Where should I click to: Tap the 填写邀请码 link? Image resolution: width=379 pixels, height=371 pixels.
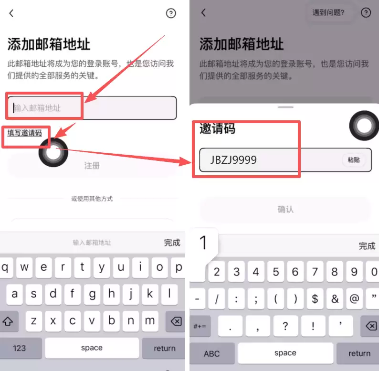point(24,133)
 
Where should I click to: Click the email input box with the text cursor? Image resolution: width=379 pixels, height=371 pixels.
point(92,108)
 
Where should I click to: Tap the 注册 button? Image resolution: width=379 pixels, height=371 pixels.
point(92,166)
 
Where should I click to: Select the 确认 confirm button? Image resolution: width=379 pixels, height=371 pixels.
point(285,209)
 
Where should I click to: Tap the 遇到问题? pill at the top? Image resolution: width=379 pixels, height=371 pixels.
point(328,13)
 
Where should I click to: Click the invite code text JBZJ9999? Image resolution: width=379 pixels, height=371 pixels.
point(233,160)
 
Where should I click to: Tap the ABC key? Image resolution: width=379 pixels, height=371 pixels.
point(211,353)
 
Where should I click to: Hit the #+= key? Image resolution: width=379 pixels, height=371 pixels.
point(200,326)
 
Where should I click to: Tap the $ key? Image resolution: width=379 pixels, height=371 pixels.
point(315,299)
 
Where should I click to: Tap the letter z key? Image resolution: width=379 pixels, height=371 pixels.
point(33,321)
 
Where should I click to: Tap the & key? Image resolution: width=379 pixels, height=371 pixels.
point(335,299)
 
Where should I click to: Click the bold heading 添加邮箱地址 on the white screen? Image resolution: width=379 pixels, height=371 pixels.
point(49,44)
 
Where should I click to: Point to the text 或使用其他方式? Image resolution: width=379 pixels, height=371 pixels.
point(92,198)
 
